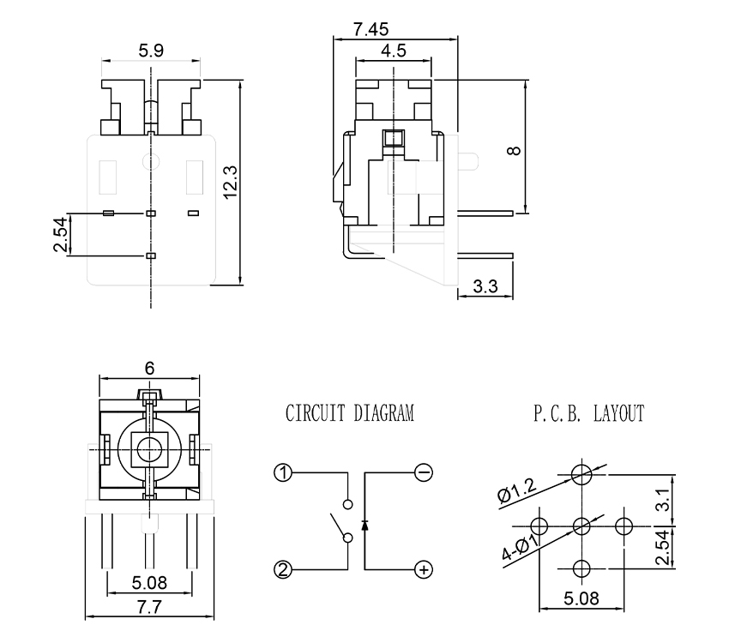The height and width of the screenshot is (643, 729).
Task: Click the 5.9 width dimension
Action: [151, 51]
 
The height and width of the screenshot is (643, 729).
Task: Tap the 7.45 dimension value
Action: [371, 28]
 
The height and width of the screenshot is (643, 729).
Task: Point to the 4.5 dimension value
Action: [394, 51]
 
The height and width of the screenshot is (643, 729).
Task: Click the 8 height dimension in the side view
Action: [514, 150]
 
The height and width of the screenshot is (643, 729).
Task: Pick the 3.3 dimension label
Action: [485, 286]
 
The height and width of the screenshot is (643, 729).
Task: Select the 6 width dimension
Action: [149, 368]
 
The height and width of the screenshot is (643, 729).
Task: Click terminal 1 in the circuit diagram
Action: [283, 471]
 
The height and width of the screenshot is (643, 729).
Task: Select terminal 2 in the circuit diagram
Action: [283, 567]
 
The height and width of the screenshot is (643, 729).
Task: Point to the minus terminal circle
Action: [423, 471]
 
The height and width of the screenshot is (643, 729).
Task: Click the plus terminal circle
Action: [423, 568]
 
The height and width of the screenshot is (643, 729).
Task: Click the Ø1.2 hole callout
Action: [516, 490]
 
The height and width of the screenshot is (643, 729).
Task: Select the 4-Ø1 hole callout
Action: [521, 545]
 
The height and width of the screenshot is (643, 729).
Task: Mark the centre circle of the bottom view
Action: [150, 447]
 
